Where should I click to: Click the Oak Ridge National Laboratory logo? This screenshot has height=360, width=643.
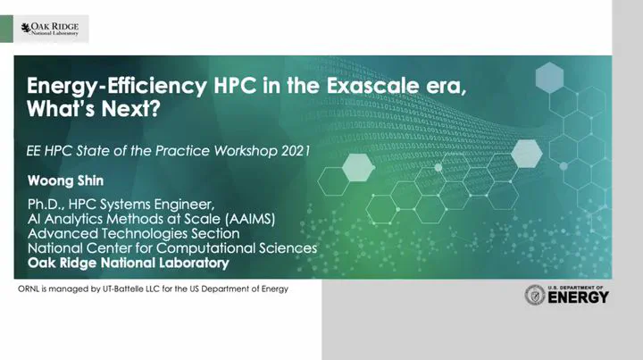[50, 29]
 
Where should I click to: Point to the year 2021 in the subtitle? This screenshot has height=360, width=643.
[296, 151]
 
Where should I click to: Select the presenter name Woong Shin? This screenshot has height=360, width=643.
[65, 180]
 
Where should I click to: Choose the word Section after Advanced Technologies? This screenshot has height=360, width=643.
[216, 234]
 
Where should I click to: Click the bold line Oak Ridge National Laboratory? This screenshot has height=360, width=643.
[129, 263]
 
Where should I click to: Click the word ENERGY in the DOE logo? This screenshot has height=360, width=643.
[578, 297]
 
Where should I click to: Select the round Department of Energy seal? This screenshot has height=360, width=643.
[535, 295]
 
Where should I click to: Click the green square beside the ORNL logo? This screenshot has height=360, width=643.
[6, 29]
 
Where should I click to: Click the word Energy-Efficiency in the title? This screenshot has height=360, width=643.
[117, 86]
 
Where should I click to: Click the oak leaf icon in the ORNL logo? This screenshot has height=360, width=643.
[26, 28]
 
